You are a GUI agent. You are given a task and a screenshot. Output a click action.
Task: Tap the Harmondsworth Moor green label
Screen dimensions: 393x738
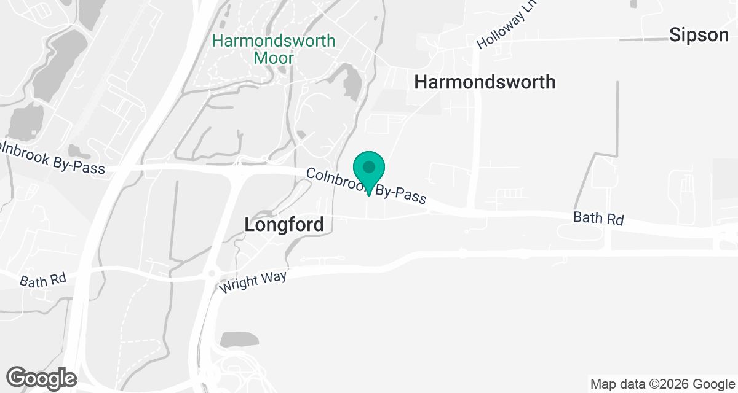pos(274,50)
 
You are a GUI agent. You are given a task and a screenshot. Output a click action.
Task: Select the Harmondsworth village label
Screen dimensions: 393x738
pos(485,82)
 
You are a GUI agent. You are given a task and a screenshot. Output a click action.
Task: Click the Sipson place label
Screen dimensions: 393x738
pos(699,35)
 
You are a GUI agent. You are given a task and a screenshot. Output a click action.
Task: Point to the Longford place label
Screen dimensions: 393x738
pos(284,225)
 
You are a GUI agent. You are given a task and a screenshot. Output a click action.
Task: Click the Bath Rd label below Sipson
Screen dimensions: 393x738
pos(598,218)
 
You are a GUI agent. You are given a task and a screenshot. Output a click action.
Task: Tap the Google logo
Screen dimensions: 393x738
pos(41,378)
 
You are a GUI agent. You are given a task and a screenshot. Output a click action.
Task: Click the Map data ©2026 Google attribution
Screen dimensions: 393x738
pos(662,384)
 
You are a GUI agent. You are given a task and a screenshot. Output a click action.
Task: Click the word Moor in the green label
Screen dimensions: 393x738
pos(274,58)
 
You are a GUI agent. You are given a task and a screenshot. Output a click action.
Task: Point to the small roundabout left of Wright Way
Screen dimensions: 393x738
pos(212,273)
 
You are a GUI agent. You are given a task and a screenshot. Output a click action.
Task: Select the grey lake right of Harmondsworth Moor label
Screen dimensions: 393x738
pos(351,82)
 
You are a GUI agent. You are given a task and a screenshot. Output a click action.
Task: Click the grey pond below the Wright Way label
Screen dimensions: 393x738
pos(239,340)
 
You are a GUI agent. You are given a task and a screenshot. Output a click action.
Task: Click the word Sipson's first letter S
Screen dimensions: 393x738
pos(675,35)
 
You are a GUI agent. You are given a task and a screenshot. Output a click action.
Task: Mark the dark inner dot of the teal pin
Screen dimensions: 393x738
pos(368,166)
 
